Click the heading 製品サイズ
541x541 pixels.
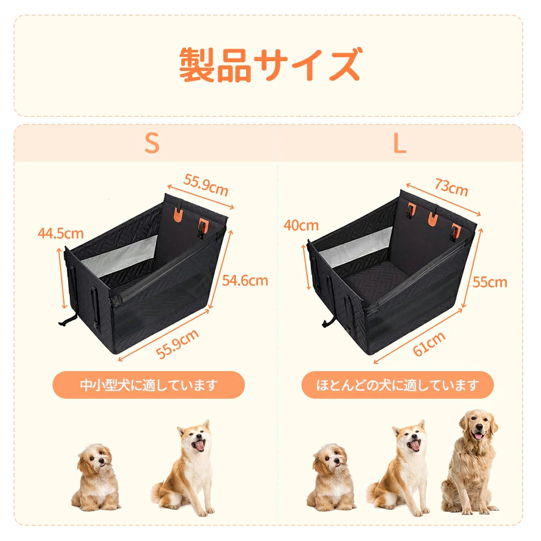click(x=270, y=65)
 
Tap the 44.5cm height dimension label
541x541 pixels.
click(x=61, y=234)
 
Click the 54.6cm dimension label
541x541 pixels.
click(x=245, y=280)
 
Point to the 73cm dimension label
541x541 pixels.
click(x=451, y=187)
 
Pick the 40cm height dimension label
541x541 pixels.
click(x=301, y=225)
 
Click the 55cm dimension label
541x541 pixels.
click(x=490, y=282)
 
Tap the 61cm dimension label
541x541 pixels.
click(x=429, y=344)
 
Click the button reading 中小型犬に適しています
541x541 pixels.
click(x=149, y=385)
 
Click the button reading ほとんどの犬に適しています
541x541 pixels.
click(x=398, y=385)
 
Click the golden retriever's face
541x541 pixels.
click(x=478, y=427)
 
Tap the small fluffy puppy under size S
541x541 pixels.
click(x=95, y=477)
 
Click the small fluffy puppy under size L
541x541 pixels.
click(x=331, y=477)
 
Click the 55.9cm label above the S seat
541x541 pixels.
click(x=206, y=185)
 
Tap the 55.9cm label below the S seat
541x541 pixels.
click(x=177, y=344)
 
